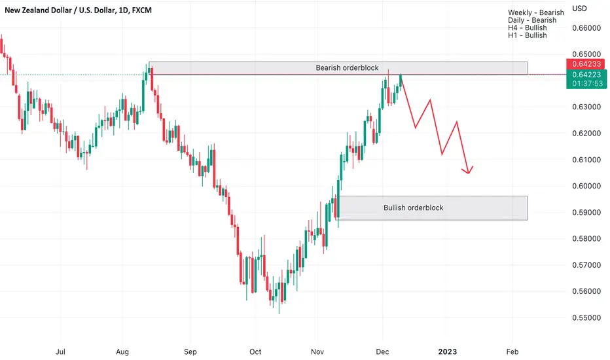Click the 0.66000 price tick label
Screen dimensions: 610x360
tap(586, 28)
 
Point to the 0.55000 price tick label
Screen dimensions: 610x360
tap(586, 317)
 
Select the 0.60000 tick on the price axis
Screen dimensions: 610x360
tap(586, 186)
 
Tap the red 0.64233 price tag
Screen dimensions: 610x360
tap(586, 64)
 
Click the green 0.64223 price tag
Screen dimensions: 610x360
tap(586, 75)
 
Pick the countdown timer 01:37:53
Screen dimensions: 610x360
tap(588, 83)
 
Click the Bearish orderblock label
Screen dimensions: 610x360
tap(347, 67)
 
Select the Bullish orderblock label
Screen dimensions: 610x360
tap(414, 208)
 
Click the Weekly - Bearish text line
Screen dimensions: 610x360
tap(535, 12)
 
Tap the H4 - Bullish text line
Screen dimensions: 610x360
tap(527, 27)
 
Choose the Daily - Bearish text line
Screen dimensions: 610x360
tap(532, 20)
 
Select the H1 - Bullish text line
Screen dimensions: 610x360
tap(527, 35)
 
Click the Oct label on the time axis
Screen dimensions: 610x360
tap(255, 352)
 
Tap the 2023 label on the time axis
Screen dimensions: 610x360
tap(448, 352)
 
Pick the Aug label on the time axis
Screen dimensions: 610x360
tap(122, 352)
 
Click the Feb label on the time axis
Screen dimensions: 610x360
tap(512, 352)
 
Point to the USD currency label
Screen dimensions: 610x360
tap(579, 9)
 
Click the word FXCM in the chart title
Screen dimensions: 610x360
tap(141, 10)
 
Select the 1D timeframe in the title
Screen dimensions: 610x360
tap(123, 10)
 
